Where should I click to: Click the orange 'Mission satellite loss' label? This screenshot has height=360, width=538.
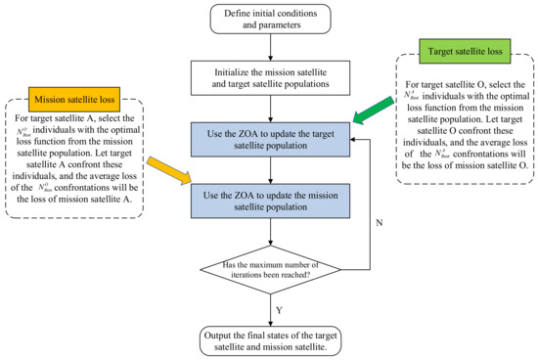tap(44, 99)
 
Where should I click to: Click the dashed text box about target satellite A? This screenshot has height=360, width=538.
tap(75, 181)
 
